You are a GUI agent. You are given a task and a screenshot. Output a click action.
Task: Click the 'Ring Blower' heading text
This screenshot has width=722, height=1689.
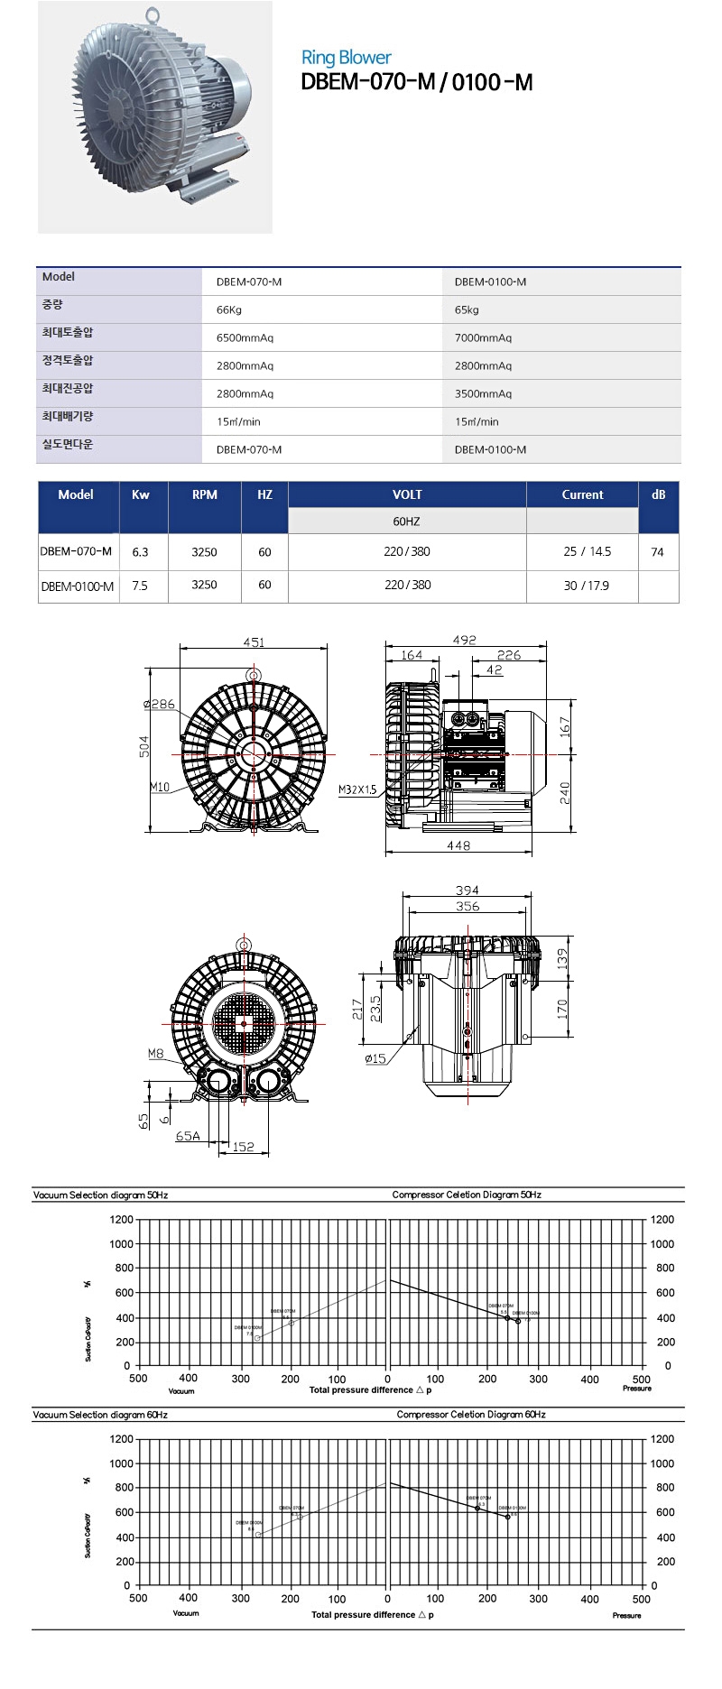[x=346, y=58]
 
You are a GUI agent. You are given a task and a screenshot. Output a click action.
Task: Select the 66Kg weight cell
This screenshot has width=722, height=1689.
[x=228, y=309]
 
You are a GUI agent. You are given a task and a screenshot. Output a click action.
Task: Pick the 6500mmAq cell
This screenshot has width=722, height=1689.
[x=245, y=337]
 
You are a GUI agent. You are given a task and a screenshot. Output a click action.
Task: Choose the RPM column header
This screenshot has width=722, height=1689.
[x=205, y=494]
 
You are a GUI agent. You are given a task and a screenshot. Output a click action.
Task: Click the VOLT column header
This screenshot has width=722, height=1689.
[x=407, y=494]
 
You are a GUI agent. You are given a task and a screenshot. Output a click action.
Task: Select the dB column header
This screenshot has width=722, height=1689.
[x=658, y=494]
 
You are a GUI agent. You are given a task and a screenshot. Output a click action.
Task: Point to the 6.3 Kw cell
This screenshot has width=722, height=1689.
[x=140, y=552]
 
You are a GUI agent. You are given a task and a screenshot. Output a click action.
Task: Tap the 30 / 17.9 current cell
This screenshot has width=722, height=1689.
[x=587, y=586]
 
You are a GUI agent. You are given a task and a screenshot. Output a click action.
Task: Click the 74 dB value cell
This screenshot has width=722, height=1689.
[x=657, y=552]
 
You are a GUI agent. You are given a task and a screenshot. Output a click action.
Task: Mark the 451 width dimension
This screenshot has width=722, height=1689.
[x=254, y=642]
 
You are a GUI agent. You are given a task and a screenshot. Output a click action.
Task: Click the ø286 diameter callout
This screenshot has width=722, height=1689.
[x=159, y=704]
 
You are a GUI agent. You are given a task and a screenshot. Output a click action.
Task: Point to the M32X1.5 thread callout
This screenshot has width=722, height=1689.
[x=357, y=789]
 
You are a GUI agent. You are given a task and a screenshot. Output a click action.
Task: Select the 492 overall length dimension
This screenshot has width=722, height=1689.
[x=464, y=640]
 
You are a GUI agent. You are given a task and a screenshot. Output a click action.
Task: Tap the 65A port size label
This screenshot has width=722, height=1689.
[x=188, y=1136]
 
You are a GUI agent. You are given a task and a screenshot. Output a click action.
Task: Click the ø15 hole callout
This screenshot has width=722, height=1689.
[x=375, y=1058]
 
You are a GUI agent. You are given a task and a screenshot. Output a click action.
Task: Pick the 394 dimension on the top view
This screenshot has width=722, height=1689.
[x=467, y=891]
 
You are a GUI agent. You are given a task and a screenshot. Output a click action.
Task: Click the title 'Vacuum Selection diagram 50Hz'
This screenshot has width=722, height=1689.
[x=100, y=1195]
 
